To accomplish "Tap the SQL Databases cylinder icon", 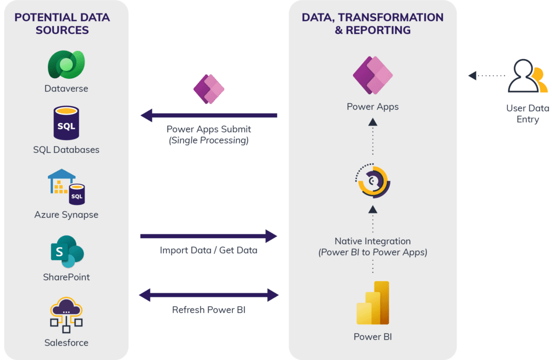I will (66, 123).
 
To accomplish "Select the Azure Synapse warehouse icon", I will (66, 187).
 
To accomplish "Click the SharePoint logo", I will (66, 251).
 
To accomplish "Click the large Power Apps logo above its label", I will (372, 75).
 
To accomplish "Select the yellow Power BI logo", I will (372, 303).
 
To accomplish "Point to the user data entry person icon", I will (527, 77).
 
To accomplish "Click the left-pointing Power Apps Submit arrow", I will (209, 115).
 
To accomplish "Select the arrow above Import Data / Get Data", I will (209, 236).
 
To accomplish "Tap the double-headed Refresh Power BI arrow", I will (209, 295).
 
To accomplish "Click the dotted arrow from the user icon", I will (486, 75).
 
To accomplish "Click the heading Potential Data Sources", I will (62, 24).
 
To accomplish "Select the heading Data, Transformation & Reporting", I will (372, 24).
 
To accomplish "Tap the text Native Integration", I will (372, 241).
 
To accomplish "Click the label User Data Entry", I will (527, 114).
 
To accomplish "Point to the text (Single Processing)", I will (209, 141).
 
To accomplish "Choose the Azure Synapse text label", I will (66, 214).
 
